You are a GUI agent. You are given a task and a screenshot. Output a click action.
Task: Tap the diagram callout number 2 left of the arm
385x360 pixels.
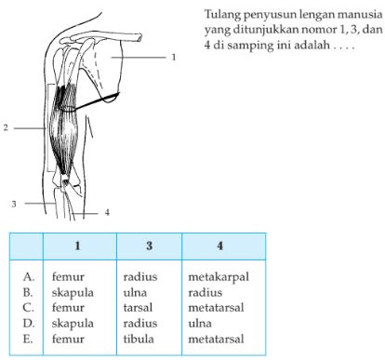(7, 127)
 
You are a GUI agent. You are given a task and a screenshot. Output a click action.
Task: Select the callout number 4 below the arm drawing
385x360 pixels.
(107, 212)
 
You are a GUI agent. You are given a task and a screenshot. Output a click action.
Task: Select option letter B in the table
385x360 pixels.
(30, 291)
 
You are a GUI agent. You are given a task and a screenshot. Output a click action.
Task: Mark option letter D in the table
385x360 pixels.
(30, 321)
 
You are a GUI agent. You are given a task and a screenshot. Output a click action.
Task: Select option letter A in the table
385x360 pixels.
(30, 276)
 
